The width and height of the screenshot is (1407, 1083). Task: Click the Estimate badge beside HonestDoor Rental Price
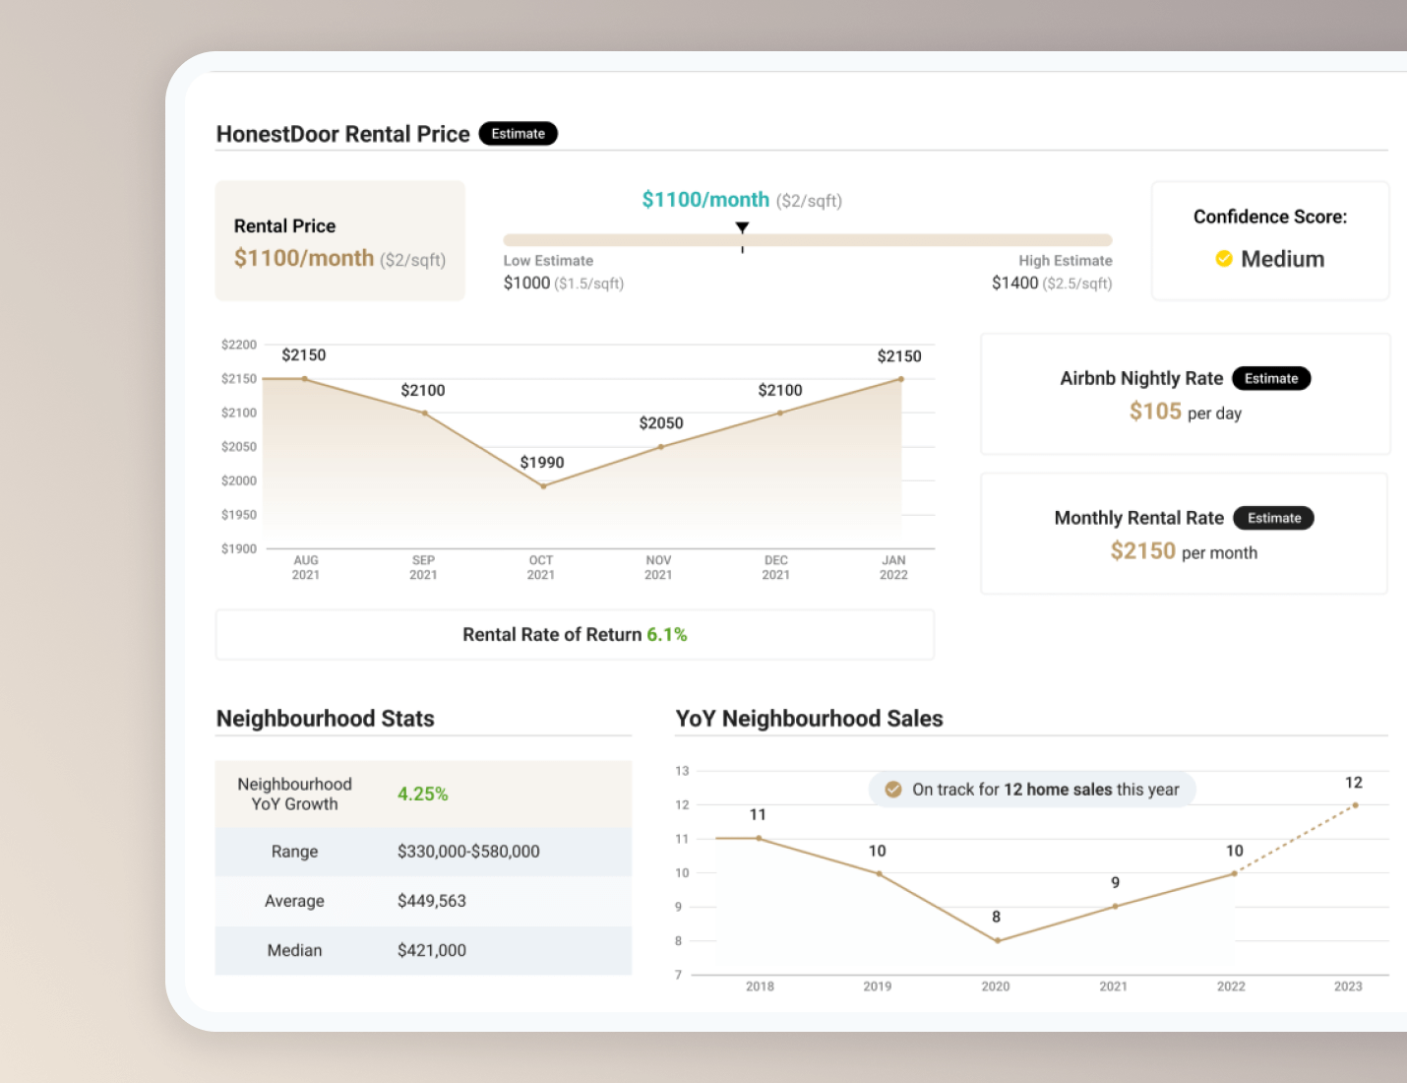518,134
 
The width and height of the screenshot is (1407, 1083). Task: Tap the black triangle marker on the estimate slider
743,227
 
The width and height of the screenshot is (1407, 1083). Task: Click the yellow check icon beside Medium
1224,259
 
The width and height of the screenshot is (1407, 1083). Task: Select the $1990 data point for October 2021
543,486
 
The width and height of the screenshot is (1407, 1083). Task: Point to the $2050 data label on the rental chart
661,423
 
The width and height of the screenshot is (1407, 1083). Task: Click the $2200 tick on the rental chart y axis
239,345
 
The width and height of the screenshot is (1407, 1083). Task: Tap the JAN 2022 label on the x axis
893,567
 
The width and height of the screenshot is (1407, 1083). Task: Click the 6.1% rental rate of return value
667,635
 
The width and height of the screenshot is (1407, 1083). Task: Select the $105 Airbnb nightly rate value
1155,412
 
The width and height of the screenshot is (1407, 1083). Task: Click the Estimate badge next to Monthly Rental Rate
1274,518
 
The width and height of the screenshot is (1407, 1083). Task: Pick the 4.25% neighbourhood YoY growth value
422,795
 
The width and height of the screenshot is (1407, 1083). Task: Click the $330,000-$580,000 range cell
468,852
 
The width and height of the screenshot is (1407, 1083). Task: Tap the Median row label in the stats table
294,950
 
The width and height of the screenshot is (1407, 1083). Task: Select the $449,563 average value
432,901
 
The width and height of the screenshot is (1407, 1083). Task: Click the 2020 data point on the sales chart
998,940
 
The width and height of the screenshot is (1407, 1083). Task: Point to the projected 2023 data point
1355,805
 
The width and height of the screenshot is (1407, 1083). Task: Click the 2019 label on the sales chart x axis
878,987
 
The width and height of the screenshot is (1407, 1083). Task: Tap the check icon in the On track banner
893,790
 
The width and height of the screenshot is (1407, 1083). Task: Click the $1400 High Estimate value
1015,284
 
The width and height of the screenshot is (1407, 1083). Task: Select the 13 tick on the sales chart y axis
682,771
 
